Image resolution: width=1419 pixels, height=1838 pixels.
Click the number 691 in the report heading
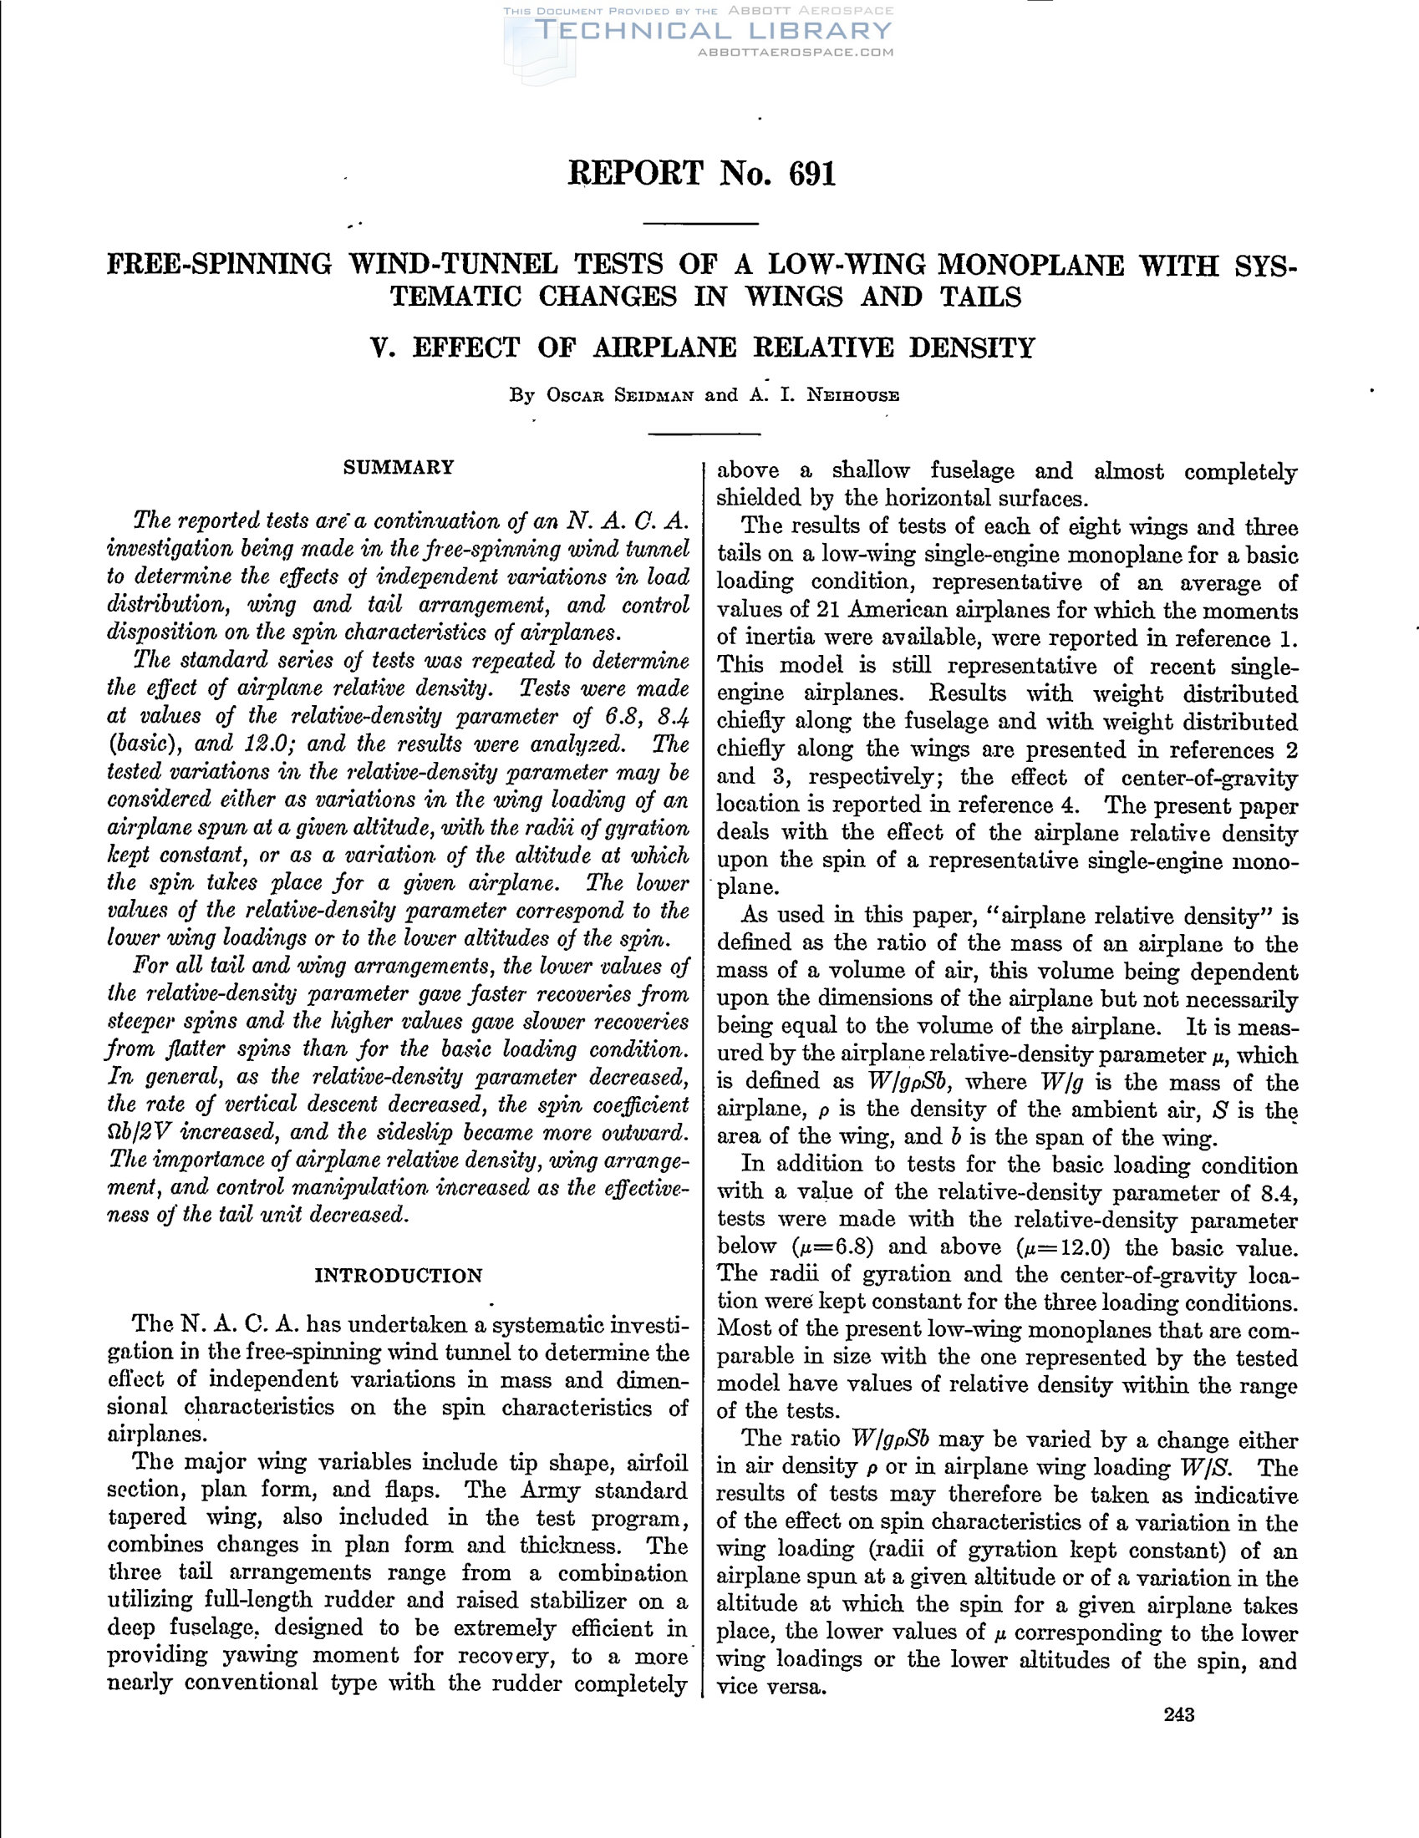coord(812,174)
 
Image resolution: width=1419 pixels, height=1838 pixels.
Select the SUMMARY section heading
coord(398,467)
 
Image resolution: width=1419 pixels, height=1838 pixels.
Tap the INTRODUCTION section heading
coord(398,1275)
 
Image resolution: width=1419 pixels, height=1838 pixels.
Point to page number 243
coord(1179,1714)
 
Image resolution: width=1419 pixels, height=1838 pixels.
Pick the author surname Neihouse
coord(852,395)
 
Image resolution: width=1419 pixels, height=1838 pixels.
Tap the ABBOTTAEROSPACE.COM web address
coord(796,52)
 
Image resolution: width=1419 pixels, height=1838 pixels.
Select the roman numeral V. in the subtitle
coord(383,348)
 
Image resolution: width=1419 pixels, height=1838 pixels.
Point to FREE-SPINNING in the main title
coord(220,265)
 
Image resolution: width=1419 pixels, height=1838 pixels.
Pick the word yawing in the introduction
coord(251,1655)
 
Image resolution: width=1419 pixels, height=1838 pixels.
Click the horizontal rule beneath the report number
coord(701,224)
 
